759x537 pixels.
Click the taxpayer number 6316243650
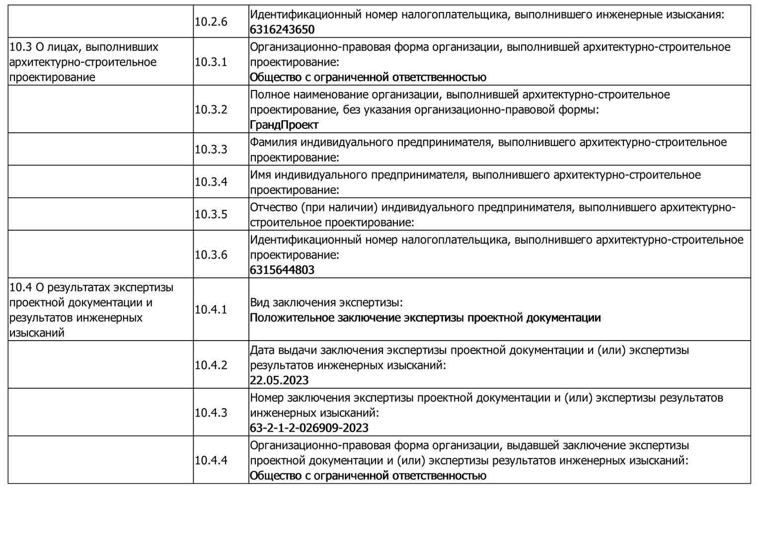282,29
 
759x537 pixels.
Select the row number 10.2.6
211,22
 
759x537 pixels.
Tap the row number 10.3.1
211,62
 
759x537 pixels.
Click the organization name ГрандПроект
284,125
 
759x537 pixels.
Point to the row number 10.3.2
211,109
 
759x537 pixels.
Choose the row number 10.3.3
211,150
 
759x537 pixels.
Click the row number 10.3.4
211,182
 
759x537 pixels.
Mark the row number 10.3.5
211,214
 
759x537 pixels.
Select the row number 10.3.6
211,255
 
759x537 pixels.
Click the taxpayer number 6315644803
282,270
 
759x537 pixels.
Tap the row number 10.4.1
211,310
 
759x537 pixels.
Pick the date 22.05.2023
279,380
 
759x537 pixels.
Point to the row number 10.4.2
211,365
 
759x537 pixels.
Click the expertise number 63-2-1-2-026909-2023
309,428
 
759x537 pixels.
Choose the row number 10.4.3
211,413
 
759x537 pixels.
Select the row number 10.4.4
211,460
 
